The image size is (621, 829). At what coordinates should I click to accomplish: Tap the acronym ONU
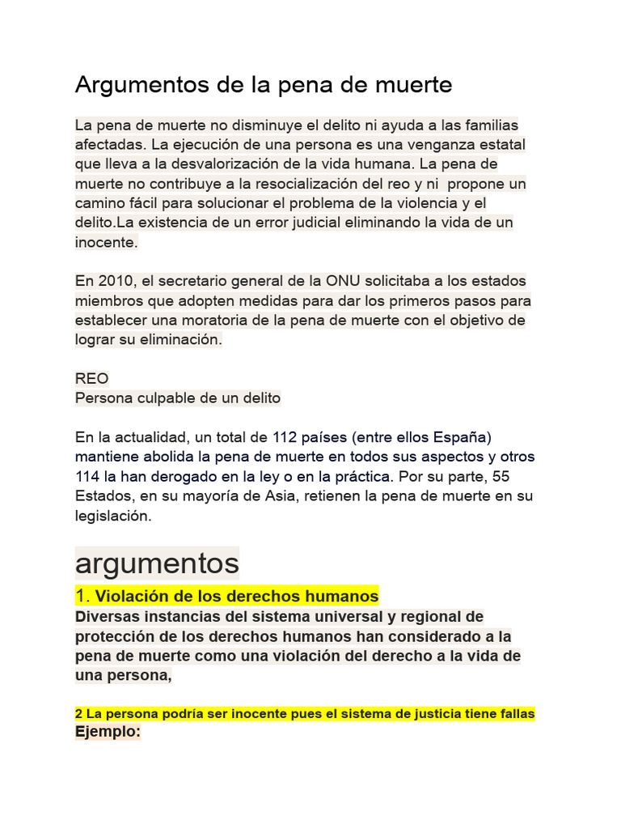point(321,281)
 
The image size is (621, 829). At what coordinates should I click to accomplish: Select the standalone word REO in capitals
point(91,379)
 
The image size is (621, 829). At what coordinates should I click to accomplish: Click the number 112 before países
point(285,437)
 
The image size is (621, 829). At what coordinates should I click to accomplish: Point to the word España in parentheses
point(462,437)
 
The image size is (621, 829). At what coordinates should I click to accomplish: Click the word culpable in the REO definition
point(158,398)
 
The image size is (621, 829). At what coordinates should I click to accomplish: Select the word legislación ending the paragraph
point(112,515)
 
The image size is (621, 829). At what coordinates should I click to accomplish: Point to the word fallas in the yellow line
point(516,714)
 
